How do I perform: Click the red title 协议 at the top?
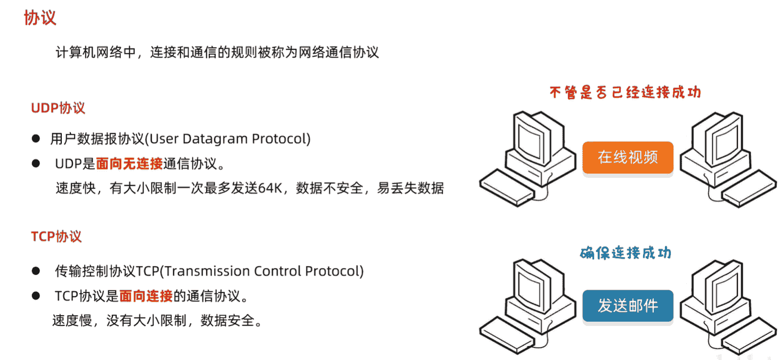pos(40,18)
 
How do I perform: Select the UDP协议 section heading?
pos(58,108)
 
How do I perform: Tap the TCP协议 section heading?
pos(56,236)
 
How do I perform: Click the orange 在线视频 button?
pos(628,158)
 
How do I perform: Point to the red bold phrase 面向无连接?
pos(129,163)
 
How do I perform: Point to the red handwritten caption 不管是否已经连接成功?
pos(625,93)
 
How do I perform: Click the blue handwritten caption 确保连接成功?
pos(625,252)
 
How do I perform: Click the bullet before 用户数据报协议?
pos(36,139)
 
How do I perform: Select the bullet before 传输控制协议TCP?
pos(36,271)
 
